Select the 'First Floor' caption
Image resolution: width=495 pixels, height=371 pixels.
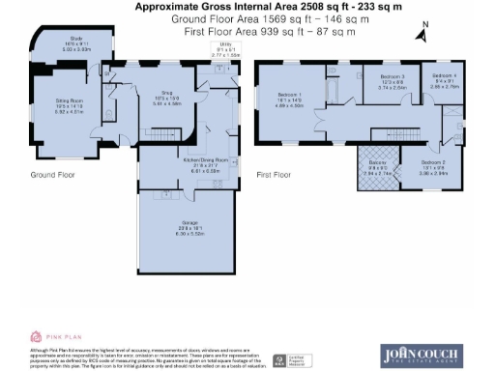click(275, 176)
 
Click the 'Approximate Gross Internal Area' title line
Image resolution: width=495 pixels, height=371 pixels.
click(247, 7)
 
